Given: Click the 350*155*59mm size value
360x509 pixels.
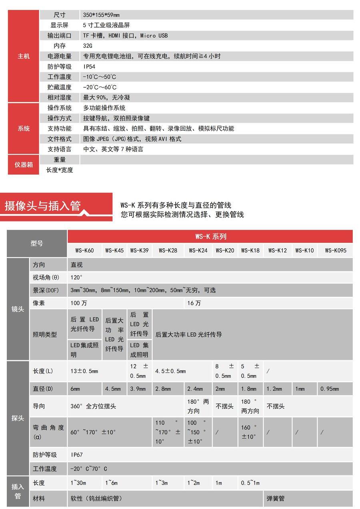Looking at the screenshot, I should pos(101,15).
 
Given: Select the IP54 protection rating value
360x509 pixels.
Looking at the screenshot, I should pos(89,66).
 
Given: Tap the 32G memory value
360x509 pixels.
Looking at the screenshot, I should pos(88,46).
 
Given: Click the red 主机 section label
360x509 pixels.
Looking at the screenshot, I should pos(24,56).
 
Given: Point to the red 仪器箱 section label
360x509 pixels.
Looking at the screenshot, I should pos(24,164).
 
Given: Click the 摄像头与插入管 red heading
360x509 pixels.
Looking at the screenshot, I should pos(43,206).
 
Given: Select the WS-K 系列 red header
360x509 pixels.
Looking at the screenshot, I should pos(210,236).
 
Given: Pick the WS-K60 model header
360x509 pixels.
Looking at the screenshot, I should pos(84,251).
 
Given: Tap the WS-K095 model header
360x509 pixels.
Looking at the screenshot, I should pos(336,251).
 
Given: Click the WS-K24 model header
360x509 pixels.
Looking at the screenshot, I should pos(198,251).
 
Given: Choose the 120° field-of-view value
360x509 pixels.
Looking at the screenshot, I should pos(76,277).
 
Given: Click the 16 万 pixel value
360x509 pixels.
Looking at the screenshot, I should pos(194,303).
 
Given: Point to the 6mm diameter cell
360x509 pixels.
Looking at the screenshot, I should pos(75,389).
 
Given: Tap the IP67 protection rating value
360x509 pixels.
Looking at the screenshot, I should pos(77,455).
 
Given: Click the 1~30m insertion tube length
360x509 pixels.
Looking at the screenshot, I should pos(78,483).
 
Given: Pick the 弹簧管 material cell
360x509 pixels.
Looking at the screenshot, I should pos(276,499).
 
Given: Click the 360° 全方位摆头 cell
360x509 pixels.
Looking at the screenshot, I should pos(93,406).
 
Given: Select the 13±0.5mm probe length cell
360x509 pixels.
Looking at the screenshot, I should pos(84,371).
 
